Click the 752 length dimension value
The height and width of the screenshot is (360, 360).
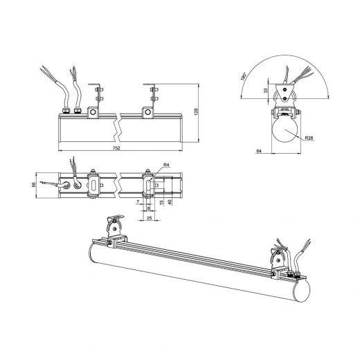117,148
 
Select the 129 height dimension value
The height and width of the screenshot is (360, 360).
197,111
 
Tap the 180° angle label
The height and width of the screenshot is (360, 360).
243,76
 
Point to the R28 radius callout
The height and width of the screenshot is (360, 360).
309,138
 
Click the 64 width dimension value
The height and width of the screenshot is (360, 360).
259,151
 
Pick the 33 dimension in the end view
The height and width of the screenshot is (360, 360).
266,91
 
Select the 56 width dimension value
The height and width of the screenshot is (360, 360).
34,185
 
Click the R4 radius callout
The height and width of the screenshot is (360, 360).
166,165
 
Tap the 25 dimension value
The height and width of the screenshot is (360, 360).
149,217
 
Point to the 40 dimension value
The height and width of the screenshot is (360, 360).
170,202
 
